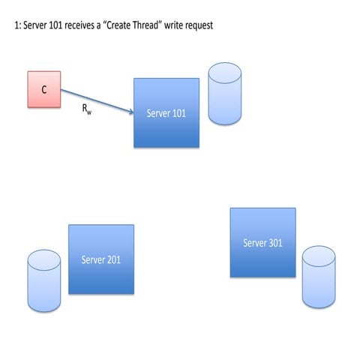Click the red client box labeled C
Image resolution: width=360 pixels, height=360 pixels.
pos(43,89)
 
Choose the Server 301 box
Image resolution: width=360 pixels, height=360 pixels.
pos(262,241)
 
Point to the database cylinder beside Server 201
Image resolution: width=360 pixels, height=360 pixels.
pos(43,280)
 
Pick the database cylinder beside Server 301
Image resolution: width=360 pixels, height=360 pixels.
pos(319,277)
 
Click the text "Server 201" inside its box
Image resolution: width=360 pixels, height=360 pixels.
pos(101,260)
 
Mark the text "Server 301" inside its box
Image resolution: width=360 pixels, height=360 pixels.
pos(262,243)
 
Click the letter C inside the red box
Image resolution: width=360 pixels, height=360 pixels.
pos(43,89)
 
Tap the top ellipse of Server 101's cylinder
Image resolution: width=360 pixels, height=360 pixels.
pos(224,73)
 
